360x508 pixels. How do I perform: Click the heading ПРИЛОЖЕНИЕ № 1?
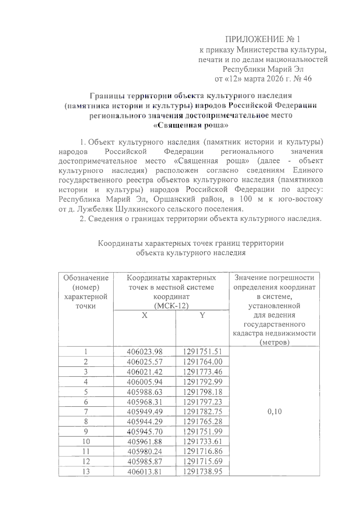click(x=262, y=39)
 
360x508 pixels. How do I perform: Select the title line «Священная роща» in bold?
click(x=191, y=125)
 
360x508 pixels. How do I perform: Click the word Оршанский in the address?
click(x=176, y=199)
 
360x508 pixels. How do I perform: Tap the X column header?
click(x=145, y=315)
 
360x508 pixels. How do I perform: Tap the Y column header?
click(x=202, y=315)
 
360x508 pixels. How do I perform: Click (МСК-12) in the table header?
click(x=171, y=306)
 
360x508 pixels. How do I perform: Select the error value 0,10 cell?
click(x=274, y=411)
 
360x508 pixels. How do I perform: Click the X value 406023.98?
click(x=145, y=352)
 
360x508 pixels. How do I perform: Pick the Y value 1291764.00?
click(x=202, y=361)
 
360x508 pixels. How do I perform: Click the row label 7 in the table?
click(x=86, y=411)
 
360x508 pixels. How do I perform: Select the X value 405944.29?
click(x=145, y=422)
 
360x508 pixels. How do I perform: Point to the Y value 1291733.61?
click(x=202, y=441)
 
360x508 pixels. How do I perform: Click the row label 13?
click(x=86, y=471)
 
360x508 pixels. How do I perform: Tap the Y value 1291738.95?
click(x=202, y=471)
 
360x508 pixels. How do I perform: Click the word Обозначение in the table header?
click(x=86, y=278)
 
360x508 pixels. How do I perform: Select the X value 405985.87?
click(x=145, y=461)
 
